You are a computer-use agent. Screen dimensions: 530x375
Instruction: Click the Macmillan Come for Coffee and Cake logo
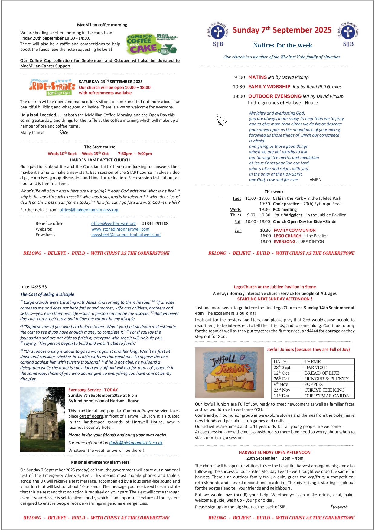pos(152,44)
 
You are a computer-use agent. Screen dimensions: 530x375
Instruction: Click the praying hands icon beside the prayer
pos(221,120)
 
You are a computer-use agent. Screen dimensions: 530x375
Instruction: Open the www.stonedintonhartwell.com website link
pos(120,229)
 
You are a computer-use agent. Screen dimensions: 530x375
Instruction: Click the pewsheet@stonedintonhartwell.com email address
pos(126,234)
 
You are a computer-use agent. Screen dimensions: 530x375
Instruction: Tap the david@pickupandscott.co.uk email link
pos(136,443)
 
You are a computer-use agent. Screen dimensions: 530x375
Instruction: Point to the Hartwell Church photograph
pos(42,419)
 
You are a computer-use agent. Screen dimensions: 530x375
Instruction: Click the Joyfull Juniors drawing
pos(230,373)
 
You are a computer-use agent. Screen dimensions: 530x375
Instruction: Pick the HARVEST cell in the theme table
pos(315,367)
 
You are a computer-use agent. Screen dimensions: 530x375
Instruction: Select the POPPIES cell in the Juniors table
pos(314,384)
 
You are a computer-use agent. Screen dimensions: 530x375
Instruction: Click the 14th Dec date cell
pos(282,396)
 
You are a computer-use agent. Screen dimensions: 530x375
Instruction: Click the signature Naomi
pos(339,506)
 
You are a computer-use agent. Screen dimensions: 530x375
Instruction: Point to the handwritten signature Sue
pos(64,132)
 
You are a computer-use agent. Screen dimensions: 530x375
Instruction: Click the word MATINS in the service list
pos(257,77)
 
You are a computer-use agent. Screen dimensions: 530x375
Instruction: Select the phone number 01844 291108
pos(155,224)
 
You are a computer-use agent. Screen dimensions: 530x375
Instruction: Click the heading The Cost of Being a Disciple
pos(47,294)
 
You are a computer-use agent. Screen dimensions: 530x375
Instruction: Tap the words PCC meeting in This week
pos(285,209)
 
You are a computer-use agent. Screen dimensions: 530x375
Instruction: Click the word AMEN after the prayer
pos(315,179)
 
